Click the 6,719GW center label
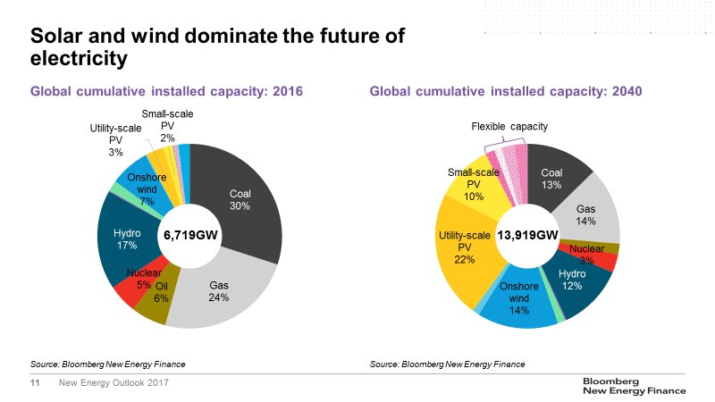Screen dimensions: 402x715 189,235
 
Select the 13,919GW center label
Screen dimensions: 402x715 527,235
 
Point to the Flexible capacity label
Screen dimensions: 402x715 509,128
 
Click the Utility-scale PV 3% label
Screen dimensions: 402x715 111,141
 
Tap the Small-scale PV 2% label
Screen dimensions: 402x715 167,126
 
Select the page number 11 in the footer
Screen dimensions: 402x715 37,383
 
